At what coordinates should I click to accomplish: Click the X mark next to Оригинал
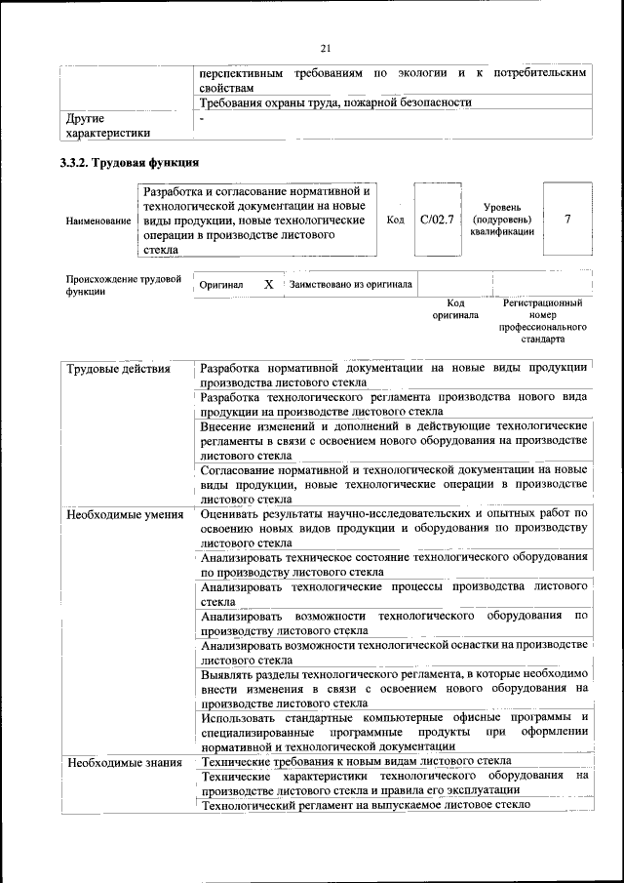click(x=268, y=284)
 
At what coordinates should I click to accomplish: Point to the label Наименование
click(x=98, y=221)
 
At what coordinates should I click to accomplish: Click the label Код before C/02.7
click(x=395, y=220)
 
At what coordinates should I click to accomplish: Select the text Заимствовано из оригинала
click(x=350, y=284)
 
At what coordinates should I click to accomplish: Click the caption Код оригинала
click(x=449, y=310)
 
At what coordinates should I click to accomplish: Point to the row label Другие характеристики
click(x=107, y=126)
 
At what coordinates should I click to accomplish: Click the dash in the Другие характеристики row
click(x=202, y=118)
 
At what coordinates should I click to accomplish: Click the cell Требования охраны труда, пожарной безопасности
click(x=335, y=102)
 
